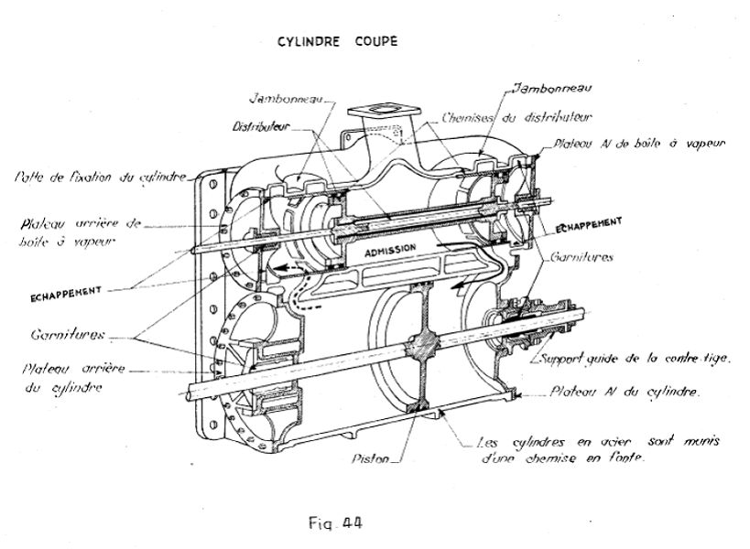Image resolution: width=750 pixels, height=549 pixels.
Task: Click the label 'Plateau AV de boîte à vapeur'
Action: click(638, 144)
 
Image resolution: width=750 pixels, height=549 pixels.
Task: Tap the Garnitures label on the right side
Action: click(582, 258)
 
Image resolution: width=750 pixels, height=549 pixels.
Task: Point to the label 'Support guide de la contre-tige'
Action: click(635, 359)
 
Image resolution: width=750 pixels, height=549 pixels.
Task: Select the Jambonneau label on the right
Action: click(554, 89)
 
